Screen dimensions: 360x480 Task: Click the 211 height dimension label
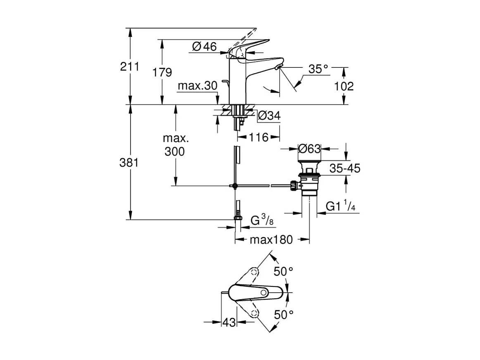(129, 66)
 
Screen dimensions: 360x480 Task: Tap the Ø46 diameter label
(204, 47)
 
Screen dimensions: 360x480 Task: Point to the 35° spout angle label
(318, 69)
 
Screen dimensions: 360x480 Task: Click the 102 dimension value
(344, 86)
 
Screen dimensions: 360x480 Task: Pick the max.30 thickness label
(197, 86)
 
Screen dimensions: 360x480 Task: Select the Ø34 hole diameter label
(269, 116)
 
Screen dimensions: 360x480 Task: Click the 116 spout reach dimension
(259, 137)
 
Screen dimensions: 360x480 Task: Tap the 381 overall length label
(129, 163)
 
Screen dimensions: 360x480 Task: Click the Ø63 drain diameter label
(309, 148)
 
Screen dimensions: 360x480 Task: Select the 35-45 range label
(345, 168)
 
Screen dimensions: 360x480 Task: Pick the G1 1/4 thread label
(340, 206)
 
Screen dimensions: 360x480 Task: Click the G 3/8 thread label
(262, 221)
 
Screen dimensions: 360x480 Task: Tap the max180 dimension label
(271, 240)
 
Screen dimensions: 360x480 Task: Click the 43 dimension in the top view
(229, 322)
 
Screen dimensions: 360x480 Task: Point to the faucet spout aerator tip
(279, 67)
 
